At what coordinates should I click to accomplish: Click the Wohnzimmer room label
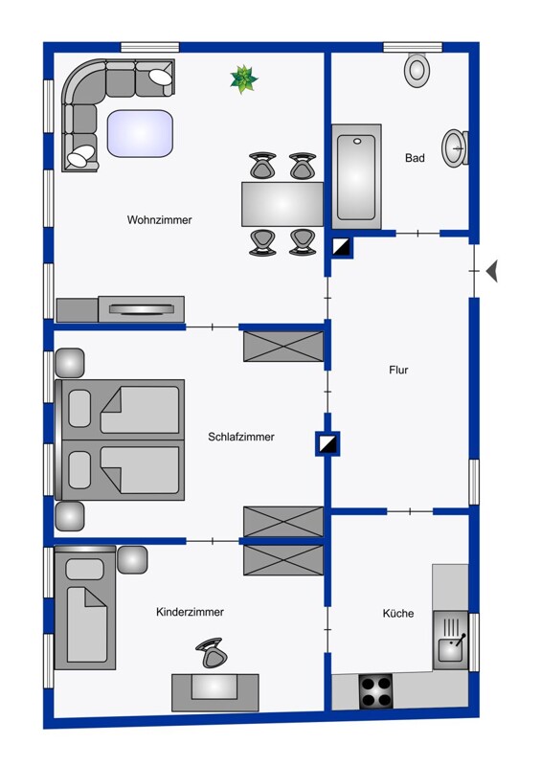tap(159, 220)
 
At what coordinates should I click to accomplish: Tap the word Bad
tap(415, 158)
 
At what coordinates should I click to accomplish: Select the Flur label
tap(398, 370)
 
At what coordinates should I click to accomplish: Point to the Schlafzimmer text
tap(241, 437)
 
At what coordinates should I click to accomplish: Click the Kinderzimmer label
tap(191, 612)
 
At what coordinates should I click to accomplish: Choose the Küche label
tap(397, 613)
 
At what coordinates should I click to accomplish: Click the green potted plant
tap(243, 79)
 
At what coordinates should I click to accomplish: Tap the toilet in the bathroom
tap(417, 69)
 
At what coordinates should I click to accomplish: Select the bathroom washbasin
tap(455, 148)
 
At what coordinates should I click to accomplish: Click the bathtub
tap(356, 176)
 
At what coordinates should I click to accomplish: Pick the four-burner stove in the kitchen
tap(375, 690)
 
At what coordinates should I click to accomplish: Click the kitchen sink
tap(450, 640)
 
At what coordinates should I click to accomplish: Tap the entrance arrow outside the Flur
tap(491, 271)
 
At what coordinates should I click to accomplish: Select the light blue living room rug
tap(140, 133)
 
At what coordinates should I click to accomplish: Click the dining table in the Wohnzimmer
tap(282, 204)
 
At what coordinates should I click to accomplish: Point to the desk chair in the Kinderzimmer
tap(211, 652)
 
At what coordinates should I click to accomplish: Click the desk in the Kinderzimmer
tap(215, 692)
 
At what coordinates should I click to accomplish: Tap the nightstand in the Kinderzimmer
tap(132, 560)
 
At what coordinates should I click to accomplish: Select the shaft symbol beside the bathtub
tap(341, 247)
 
